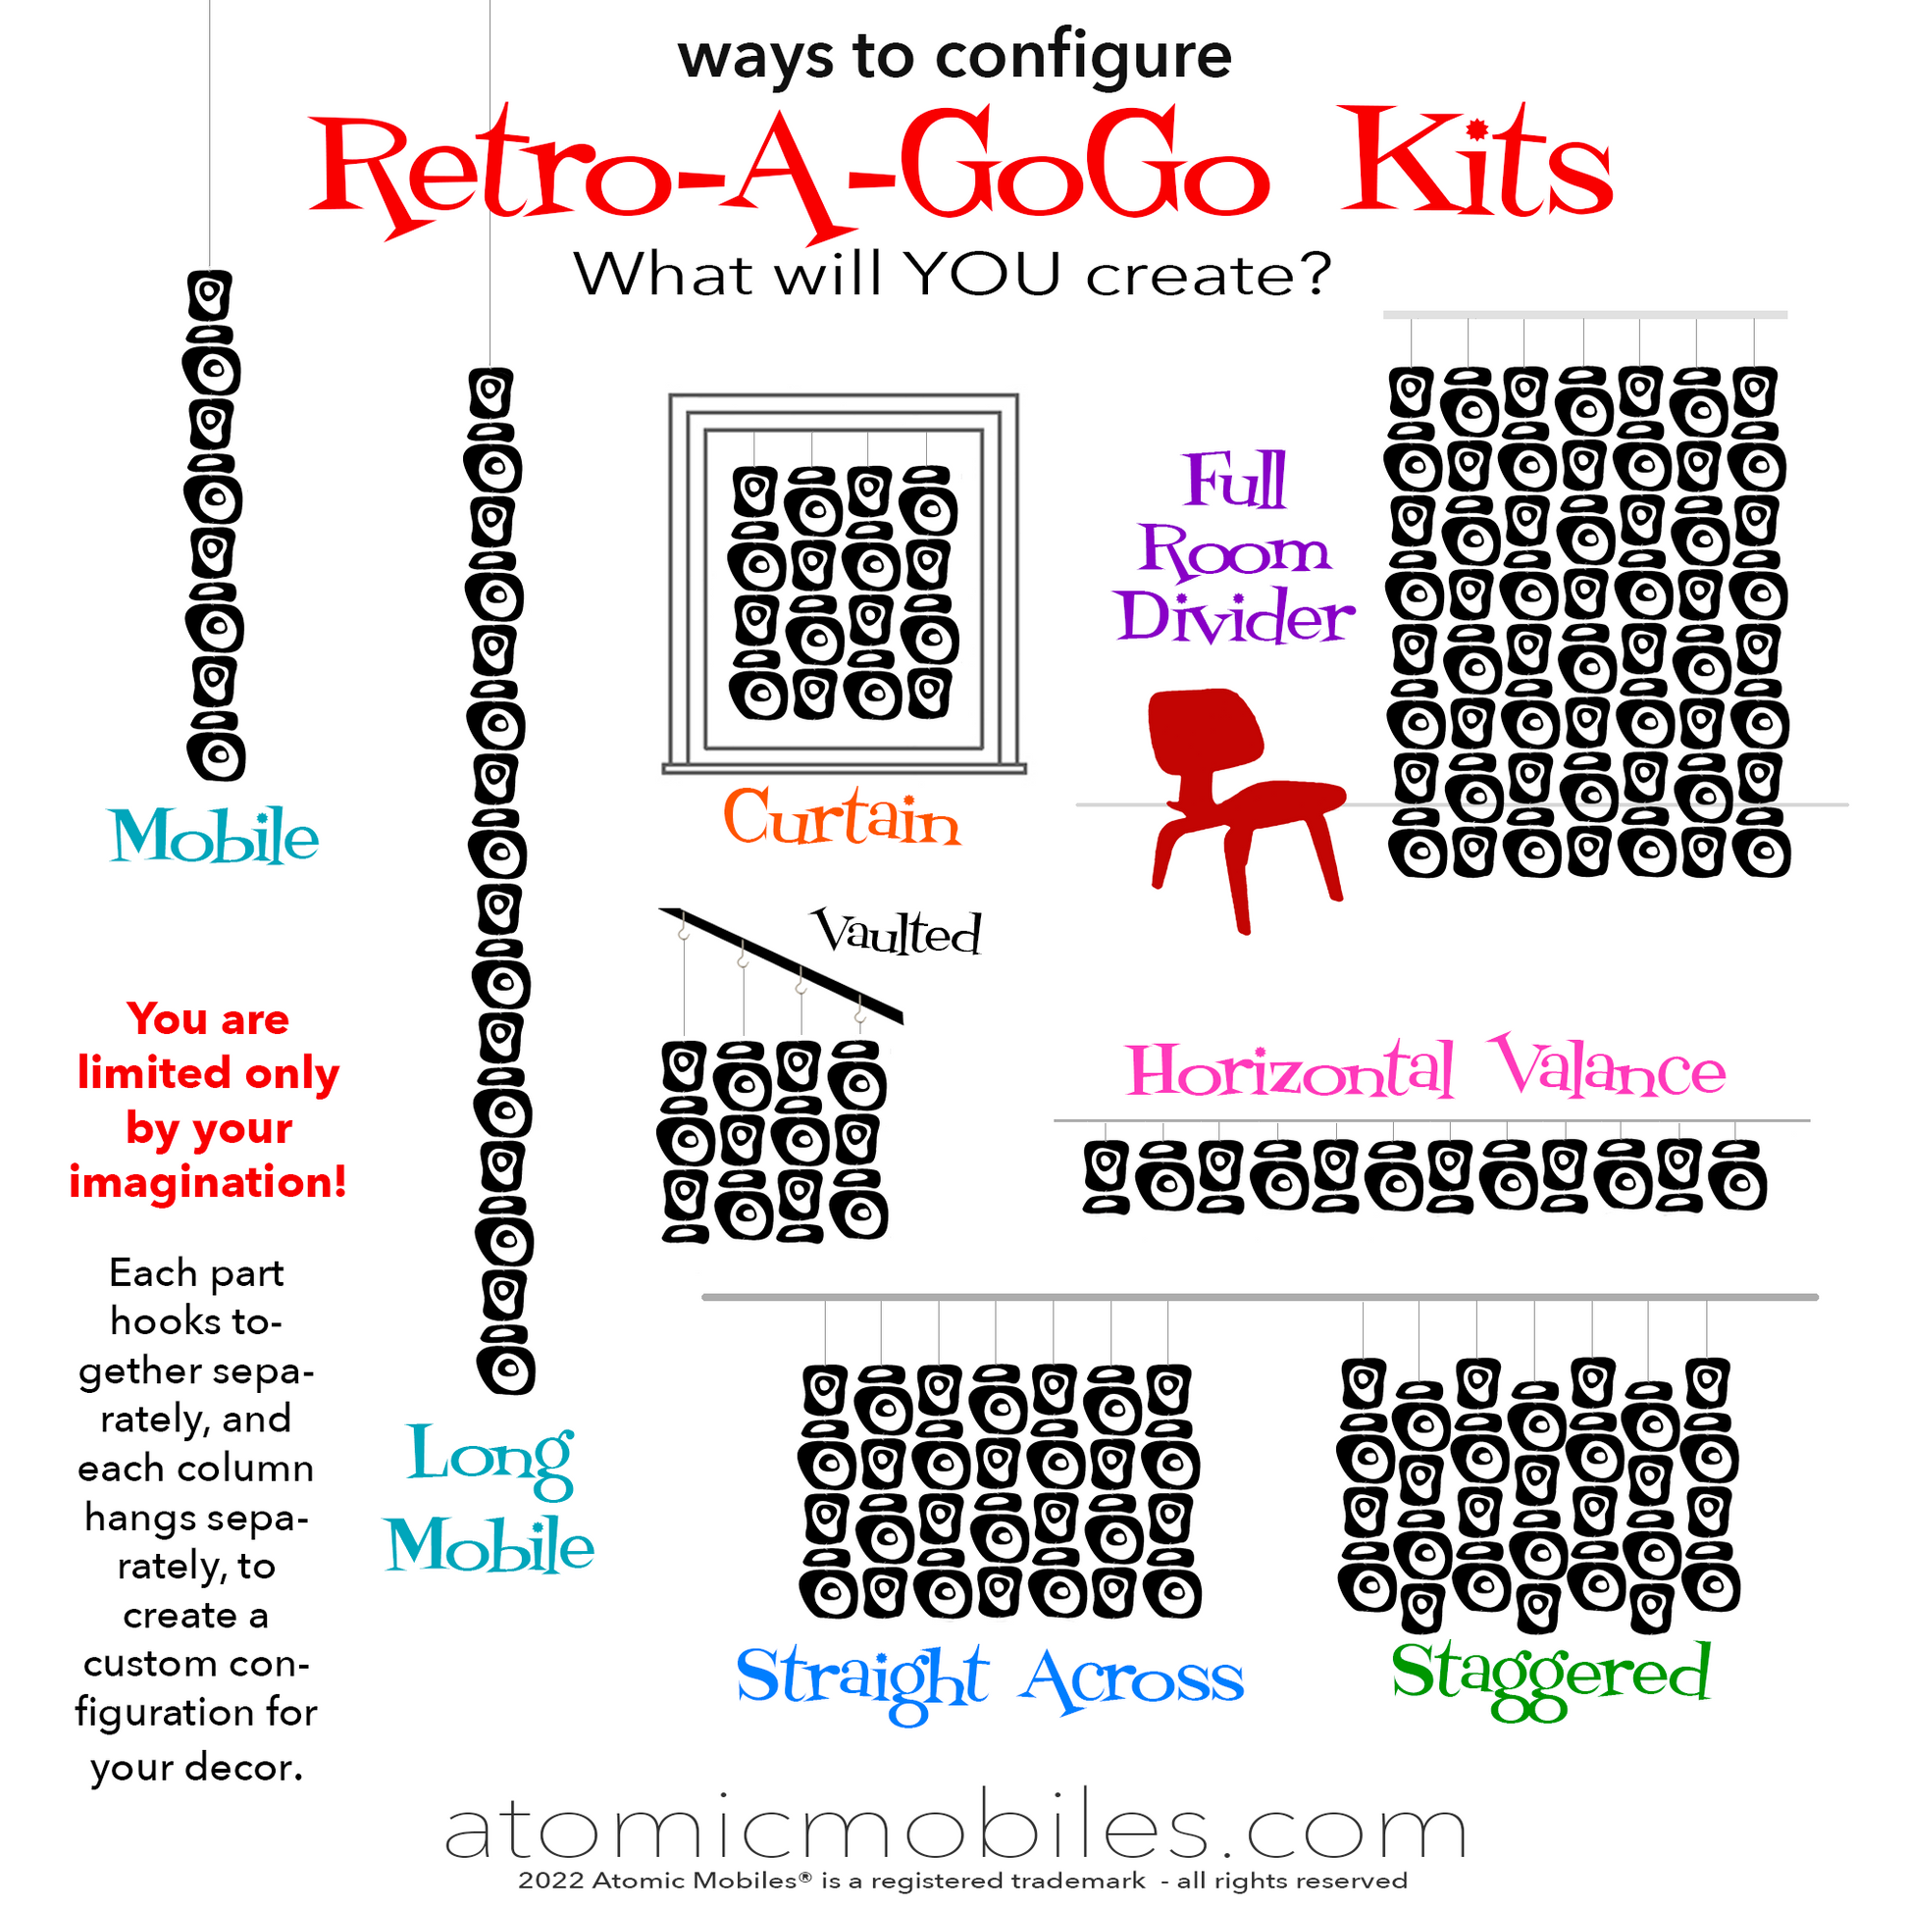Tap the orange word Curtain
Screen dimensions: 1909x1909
(x=842, y=817)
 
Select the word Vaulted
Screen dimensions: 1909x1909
(x=897, y=932)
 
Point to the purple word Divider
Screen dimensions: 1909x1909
(x=1235, y=616)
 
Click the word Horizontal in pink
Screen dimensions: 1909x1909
(x=1290, y=1070)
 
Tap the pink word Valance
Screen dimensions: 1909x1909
(x=1608, y=1067)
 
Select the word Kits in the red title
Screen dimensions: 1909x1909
(x=1476, y=164)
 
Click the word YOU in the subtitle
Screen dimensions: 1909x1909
(x=984, y=274)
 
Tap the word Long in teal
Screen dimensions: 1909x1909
(x=490, y=1458)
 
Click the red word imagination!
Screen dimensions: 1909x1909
(x=208, y=1182)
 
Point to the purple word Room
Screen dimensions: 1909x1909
(x=1235, y=548)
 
